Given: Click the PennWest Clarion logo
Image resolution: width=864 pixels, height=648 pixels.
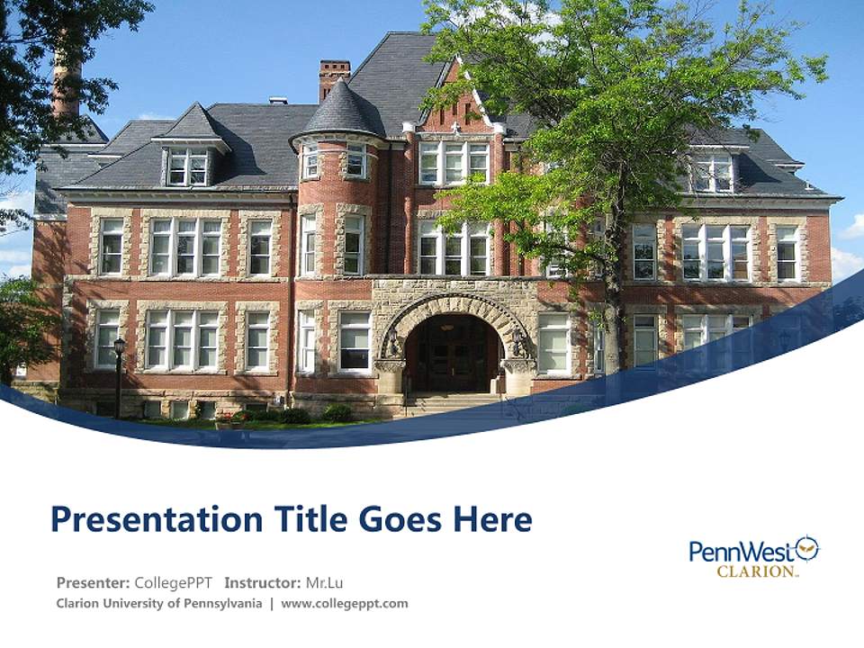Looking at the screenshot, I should tap(754, 556).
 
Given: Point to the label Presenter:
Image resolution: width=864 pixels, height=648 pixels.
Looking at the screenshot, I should tap(93, 582).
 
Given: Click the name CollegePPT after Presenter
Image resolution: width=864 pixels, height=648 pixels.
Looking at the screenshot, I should tap(173, 582).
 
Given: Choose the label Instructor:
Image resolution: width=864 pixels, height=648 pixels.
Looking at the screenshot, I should tap(262, 582).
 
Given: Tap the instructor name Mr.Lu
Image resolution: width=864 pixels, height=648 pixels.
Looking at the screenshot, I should tap(325, 582).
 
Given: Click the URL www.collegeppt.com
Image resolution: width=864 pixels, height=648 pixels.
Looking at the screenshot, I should tap(345, 603).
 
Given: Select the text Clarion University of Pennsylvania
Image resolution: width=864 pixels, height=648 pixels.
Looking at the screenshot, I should tap(159, 603).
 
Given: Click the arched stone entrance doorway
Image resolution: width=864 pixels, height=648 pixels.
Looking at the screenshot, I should tap(453, 351).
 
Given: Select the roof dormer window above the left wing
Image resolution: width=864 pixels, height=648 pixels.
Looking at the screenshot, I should tap(188, 166).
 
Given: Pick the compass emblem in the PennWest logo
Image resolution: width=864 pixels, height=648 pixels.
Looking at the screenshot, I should tap(806, 547).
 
